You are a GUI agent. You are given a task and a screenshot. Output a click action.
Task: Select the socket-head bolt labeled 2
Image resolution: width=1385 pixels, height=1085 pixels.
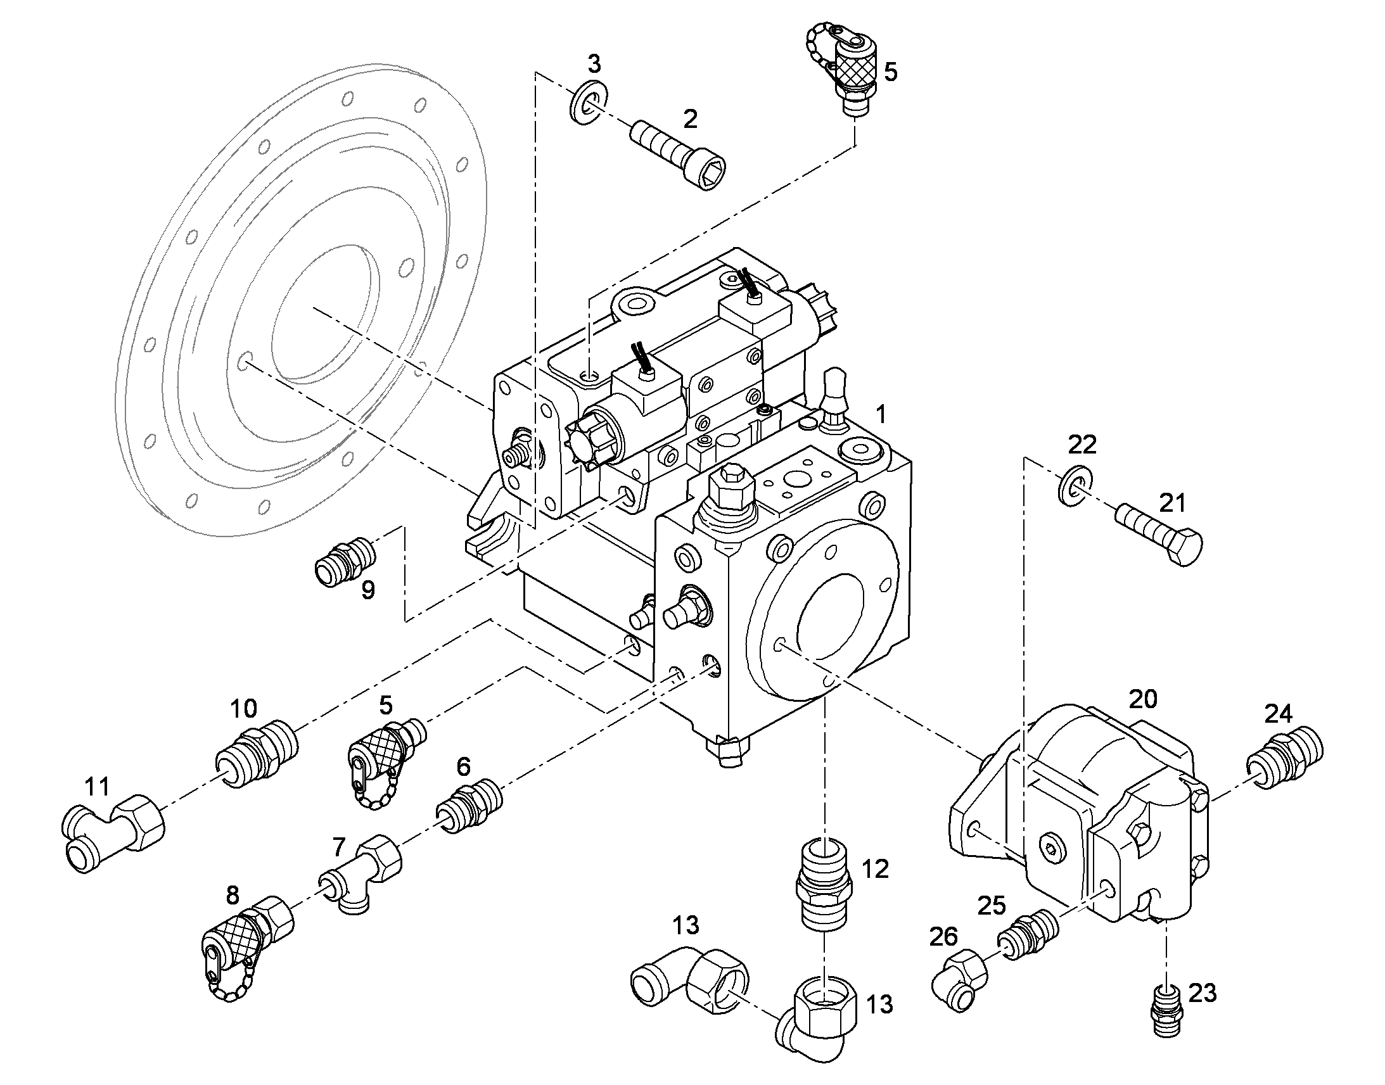[678, 156]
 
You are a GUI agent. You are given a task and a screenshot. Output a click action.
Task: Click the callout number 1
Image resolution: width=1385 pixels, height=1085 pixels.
[880, 414]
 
